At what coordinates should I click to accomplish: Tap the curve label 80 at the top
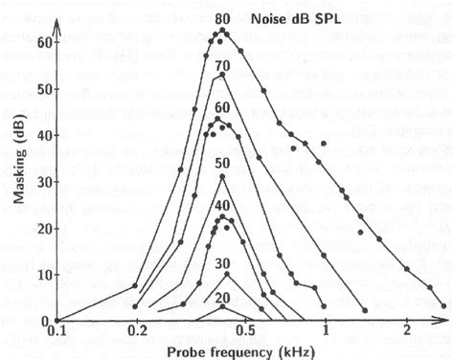tap(222, 18)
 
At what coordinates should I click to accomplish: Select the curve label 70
tap(222, 65)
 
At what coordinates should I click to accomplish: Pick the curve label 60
tap(222, 107)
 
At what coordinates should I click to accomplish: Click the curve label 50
tap(222, 164)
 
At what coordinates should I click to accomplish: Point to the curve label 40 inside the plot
tap(222, 205)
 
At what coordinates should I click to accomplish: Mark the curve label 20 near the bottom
tap(222, 300)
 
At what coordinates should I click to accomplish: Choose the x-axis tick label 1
tap(326, 330)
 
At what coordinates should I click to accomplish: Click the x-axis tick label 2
tap(409, 330)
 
